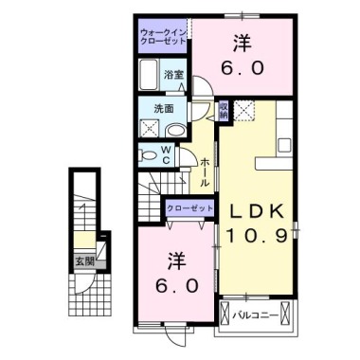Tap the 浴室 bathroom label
tap(172, 73)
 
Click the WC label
tap(165, 154)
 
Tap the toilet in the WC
tap(146, 154)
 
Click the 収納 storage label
tap(224, 112)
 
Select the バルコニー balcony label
tap(257, 314)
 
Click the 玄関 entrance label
tap(84, 260)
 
